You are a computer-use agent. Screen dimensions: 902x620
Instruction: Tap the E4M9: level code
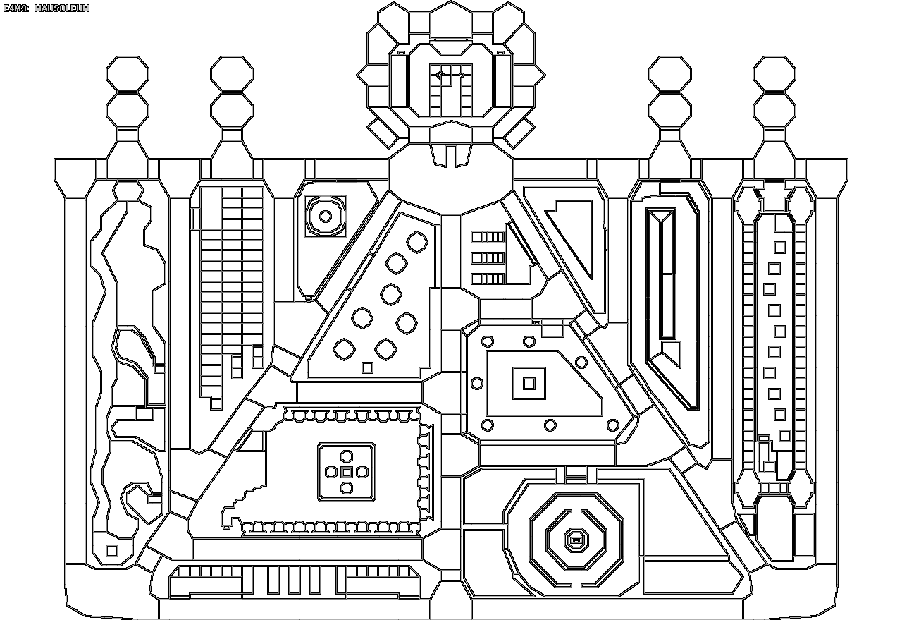coord(16,8)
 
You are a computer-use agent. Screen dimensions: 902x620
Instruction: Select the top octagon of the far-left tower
coord(128,73)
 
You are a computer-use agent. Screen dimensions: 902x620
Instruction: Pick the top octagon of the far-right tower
coord(774,73)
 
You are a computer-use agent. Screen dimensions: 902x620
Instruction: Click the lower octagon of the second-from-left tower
coord(232,110)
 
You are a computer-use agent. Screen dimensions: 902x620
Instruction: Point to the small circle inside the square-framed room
coord(326,217)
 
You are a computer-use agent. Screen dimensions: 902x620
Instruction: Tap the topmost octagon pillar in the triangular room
coord(418,242)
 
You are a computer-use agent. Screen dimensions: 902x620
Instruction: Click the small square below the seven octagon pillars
coord(367,367)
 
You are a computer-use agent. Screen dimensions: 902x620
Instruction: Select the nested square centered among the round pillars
coord(529,384)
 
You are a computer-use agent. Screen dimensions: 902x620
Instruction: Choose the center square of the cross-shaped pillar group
coord(346,471)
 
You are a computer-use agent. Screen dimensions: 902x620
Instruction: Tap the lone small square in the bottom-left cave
coord(112,550)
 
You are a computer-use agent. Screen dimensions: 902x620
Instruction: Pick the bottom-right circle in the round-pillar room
coord(613,425)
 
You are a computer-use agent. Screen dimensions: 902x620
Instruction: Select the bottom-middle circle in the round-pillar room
coord(550,425)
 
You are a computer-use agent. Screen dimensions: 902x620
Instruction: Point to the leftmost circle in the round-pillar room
coord(477,384)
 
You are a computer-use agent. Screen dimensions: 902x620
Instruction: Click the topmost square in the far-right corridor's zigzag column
coord(779,248)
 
